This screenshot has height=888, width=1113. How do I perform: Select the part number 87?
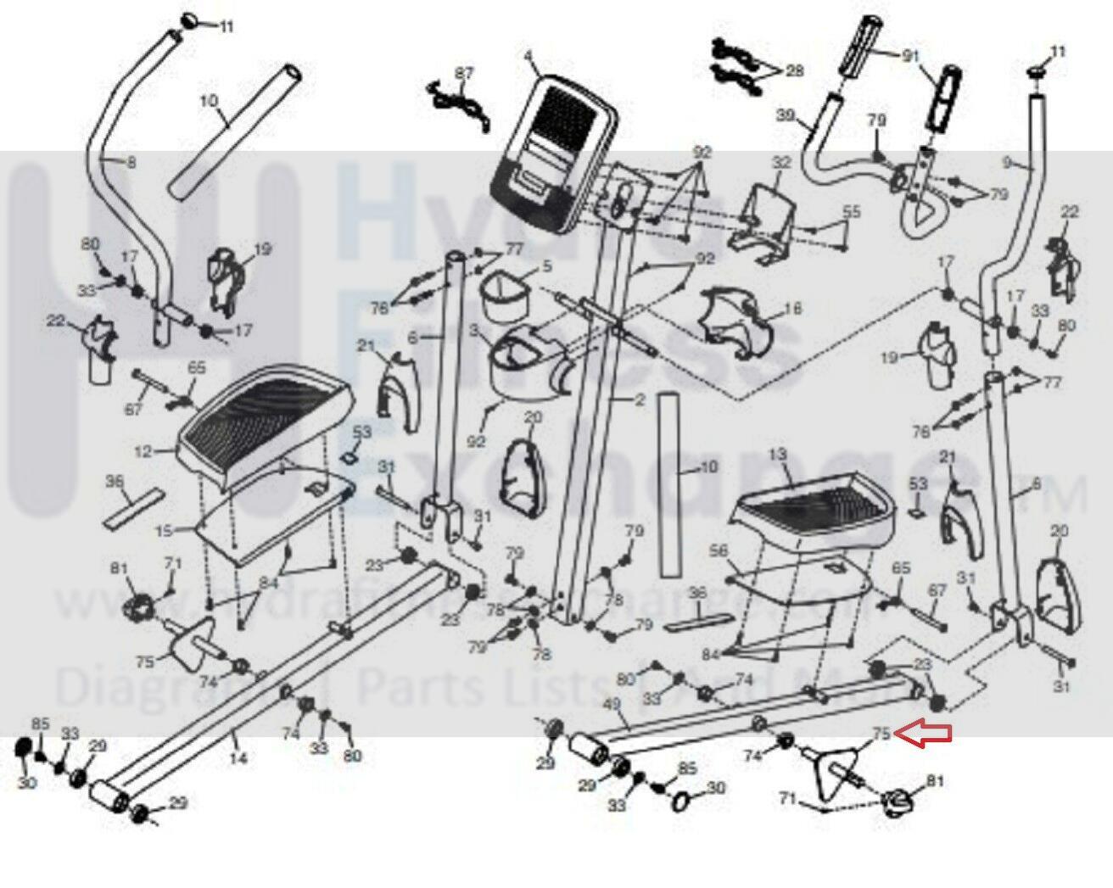coord(464,74)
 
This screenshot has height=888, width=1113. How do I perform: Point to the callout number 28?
coord(794,70)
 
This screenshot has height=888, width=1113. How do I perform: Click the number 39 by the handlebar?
coord(786,114)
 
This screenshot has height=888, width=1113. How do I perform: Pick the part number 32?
coord(781,163)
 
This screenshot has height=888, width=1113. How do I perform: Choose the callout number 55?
coord(851,211)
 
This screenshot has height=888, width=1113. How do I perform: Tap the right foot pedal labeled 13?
coord(814,509)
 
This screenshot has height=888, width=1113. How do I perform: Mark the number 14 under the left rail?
coord(238,757)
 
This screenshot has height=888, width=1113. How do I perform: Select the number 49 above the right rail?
coord(611,704)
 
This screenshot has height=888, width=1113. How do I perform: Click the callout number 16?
coord(792,308)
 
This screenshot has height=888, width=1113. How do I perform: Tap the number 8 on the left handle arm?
coord(131,163)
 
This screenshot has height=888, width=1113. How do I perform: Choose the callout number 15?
coord(164,531)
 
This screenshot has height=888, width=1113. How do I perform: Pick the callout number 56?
coord(719,550)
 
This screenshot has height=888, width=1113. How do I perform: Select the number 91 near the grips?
coord(909,57)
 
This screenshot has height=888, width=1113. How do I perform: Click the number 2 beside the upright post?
coord(640,399)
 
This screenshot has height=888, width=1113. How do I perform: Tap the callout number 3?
coord(473,329)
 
